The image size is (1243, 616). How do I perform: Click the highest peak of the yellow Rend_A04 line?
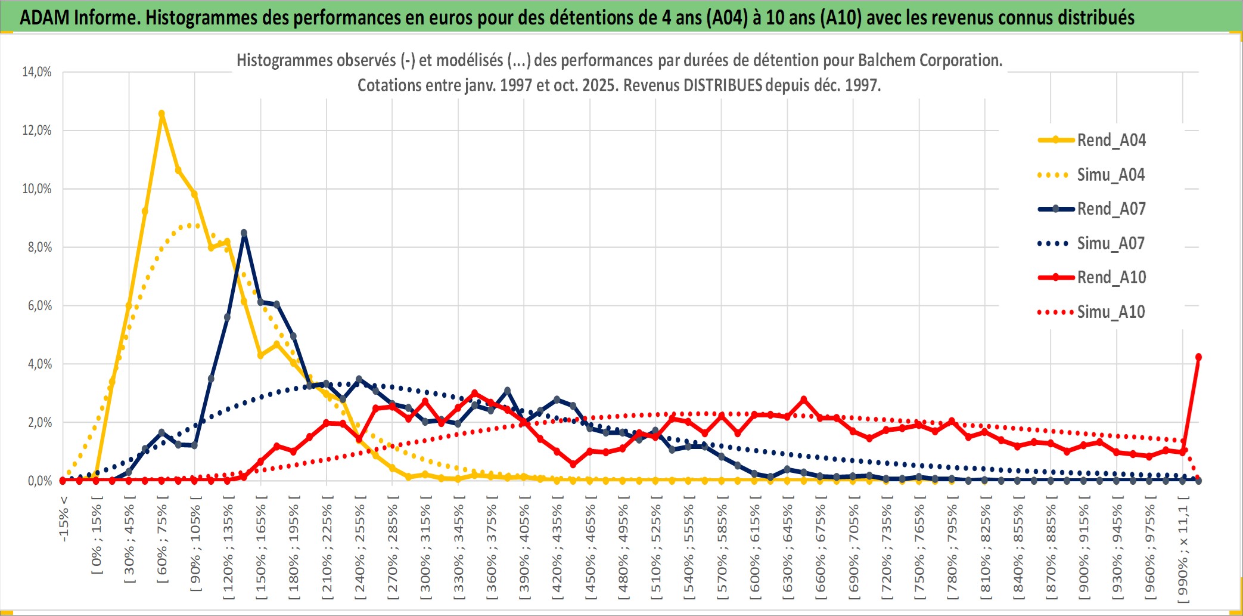pyautogui.click(x=161, y=113)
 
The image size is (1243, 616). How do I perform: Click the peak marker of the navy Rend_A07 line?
pyautogui.click(x=244, y=233)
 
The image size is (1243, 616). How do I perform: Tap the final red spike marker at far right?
pyautogui.click(x=1198, y=357)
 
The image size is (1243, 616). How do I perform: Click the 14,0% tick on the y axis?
pyautogui.click(x=37, y=72)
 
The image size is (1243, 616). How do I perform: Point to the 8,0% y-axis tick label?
pyautogui.click(x=39, y=247)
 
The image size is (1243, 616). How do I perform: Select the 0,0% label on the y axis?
pyautogui.click(x=39, y=481)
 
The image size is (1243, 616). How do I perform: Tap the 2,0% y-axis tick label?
pyautogui.click(x=39, y=423)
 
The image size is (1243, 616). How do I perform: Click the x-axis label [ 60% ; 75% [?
pyautogui.click(x=162, y=543)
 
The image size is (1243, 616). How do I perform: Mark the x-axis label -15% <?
pyautogui.click(x=64, y=519)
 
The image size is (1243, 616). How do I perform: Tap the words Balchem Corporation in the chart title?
pyautogui.click(x=930, y=60)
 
